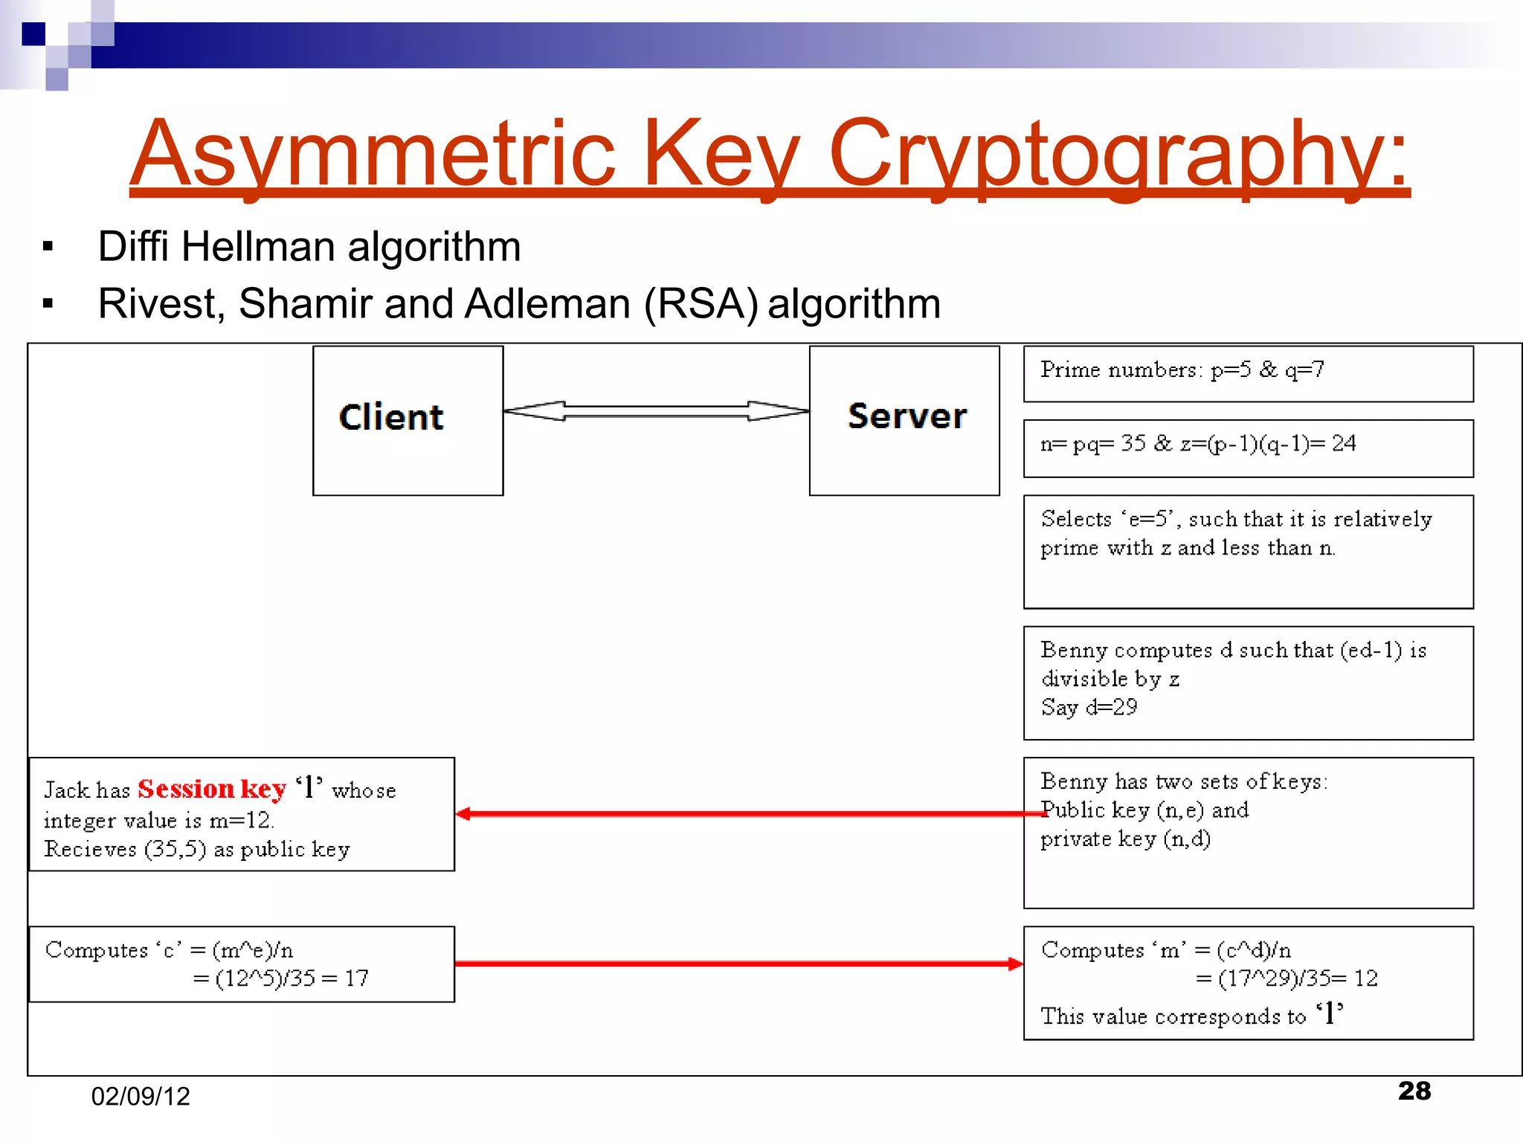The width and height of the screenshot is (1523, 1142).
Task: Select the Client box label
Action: pyautogui.click(x=391, y=417)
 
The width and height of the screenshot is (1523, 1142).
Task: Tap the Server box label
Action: pyautogui.click(x=907, y=416)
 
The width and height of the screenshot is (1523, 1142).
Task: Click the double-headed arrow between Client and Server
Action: pyautogui.click(x=656, y=411)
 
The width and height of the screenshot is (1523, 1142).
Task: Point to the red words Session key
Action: pyautogui.click(x=212, y=789)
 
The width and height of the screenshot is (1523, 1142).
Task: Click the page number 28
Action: pyautogui.click(x=1414, y=1091)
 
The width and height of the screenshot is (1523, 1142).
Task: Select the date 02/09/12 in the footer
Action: pyautogui.click(x=141, y=1096)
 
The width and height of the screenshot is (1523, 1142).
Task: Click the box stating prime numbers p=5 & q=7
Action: pyautogui.click(x=1248, y=373)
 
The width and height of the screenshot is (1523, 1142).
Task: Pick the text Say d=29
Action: pyautogui.click(x=1089, y=707)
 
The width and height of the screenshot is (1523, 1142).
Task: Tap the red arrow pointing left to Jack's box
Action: pyautogui.click(x=744, y=814)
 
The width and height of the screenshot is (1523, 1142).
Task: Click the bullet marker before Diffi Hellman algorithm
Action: pyautogui.click(x=48, y=247)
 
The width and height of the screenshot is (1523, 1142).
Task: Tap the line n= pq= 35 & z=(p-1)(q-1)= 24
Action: pyautogui.click(x=1197, y=444)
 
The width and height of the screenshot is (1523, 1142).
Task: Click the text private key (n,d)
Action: pyautogui.click(x=1125, y=839)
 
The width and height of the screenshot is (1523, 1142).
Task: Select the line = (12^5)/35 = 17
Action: pyautogui.click(x=280, y=978)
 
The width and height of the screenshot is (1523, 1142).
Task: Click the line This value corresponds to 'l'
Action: pyautogui.click(x=1191, y=1015)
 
